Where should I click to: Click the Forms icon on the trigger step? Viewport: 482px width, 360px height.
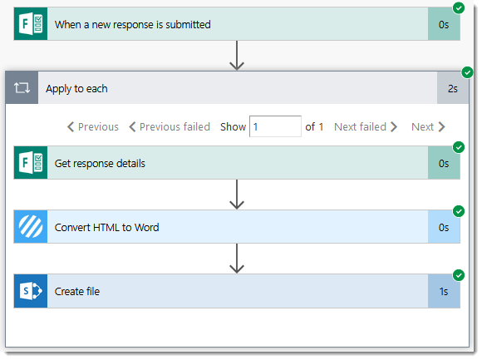[31, 24]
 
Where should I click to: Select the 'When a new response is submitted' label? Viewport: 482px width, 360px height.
[132, 25]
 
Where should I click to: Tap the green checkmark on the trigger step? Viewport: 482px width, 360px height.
[459, 8]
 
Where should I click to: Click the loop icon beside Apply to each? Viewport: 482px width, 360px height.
[22, 88]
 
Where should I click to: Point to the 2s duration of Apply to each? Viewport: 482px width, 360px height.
[452, 88]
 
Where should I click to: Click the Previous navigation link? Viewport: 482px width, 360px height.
[93, 126]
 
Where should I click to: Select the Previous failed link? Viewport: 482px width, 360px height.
[170, 126]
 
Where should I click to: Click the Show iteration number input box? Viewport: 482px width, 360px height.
[275, 126]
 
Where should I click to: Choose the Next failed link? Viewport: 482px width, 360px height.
[366, 126]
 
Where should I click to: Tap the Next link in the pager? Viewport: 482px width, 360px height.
[428, 126]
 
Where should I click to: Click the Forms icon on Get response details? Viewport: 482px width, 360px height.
[31, 163]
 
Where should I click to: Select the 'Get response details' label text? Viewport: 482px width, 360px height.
[100, 164]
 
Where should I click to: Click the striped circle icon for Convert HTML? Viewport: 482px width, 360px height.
[31, 227]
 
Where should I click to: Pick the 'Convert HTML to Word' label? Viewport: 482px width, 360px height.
[106, 228]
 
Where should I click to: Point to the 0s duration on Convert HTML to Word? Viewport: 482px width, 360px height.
[444, 228]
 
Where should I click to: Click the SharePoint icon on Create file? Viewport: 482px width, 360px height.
[31, 291]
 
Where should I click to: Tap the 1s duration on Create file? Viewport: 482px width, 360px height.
[444, 292]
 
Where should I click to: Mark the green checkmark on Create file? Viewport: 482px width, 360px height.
[459, 275]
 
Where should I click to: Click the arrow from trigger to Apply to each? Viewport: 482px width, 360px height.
[237, 56]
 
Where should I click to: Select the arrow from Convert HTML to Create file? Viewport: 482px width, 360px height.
[237, 259]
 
